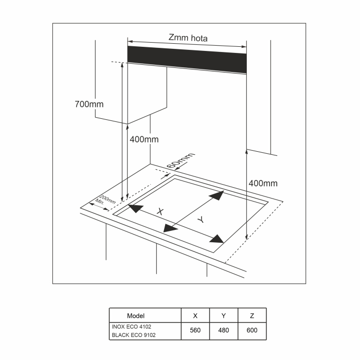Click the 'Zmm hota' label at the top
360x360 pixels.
188,38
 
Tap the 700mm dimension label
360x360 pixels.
89,104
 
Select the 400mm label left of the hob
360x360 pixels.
144,139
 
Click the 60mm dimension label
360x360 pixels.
182,160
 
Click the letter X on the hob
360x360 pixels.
160,211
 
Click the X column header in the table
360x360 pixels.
195,316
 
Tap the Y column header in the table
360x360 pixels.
224,316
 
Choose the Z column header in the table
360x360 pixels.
252,316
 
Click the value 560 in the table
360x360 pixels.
195,331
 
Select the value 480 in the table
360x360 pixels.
224,331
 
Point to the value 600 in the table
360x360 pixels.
252,331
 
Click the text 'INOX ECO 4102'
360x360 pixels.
131,327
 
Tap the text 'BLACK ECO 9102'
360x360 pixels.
133,335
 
